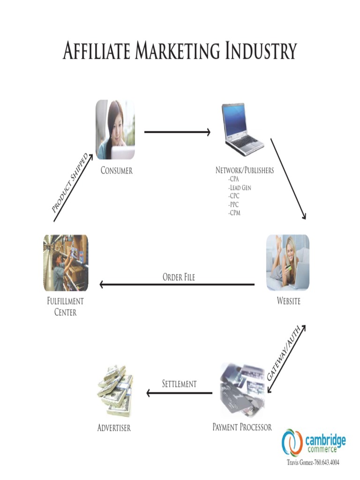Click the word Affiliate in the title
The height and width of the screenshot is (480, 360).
(97, 51)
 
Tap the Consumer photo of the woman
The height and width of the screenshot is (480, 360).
(115, 129)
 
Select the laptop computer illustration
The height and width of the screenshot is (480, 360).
(241, 127)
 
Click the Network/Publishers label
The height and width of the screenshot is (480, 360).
(244, 171)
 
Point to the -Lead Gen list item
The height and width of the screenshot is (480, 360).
(240, 187)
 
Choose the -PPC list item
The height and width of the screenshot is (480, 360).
(233, 204)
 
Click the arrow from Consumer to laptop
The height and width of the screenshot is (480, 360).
(177, 132)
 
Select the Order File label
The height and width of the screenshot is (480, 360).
(179, 277)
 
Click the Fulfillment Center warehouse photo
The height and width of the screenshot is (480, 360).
(66, 262)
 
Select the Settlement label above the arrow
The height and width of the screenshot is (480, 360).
(179, 384)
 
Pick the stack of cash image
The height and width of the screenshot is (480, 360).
(115, 391)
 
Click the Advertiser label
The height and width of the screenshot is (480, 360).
(114, 428)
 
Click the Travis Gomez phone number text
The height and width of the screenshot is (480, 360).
(313, 463)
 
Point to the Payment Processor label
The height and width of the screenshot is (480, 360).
(242, 427)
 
